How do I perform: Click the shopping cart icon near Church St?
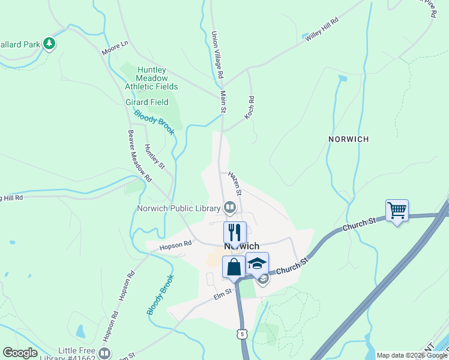pyautogui.click(x=397, y=211)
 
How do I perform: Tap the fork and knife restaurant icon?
pyautogui.click(x=235, y=232)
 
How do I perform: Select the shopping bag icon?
pyautogui.click(x=234, y=266)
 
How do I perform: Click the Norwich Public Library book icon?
pyautogui.click(x=230, y=208)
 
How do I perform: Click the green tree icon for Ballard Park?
pyautogui.click(x=49, y=44)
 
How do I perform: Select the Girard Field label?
pyautogui.click(x=146, y=103)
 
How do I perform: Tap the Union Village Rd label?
pyautogui.click(x=217, y=56)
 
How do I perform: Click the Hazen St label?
pyautogui.click(x=235, y=184)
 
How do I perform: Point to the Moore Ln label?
pyautogui.click(x=115, y=48)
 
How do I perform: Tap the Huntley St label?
pyautogui.click(x=155, y=155)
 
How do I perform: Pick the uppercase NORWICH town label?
pyautogui.click(x=348, y=139)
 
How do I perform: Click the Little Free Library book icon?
pyautogui.click(x=104, y=353)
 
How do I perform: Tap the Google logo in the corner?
pyautogui.click(x=20, y=353)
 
